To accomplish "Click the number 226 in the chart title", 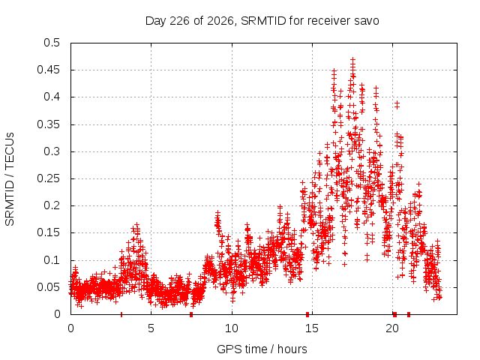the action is [x=180, y=21].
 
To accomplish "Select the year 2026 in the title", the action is [x=220, y=21].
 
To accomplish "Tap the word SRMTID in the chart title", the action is [x=263, y=21].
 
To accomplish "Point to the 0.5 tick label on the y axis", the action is [x=52, y=43].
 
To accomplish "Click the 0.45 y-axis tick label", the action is [x=49, y=70].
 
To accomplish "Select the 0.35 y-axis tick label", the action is [x=49, y=124].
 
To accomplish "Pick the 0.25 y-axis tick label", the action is [x=49, y=178].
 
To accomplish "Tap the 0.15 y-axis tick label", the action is [x=49, y=232].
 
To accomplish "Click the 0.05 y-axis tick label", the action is [x=49, y=287].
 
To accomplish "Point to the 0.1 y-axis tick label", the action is [x=52, y=260].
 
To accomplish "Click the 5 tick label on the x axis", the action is [x=151, y=328].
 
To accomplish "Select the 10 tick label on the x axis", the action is [x=232, y=328].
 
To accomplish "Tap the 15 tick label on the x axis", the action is [x=312, y=328].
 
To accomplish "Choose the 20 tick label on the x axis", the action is [x=392, y=328].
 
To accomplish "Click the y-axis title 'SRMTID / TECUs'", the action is [x=10, y=179].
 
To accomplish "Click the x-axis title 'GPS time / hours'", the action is [x=262, y=349].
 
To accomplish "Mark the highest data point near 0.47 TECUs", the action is [x=353, y=59].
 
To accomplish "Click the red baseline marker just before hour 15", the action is [x=307, y=314].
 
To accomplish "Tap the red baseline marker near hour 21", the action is [x=409, y=314].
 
